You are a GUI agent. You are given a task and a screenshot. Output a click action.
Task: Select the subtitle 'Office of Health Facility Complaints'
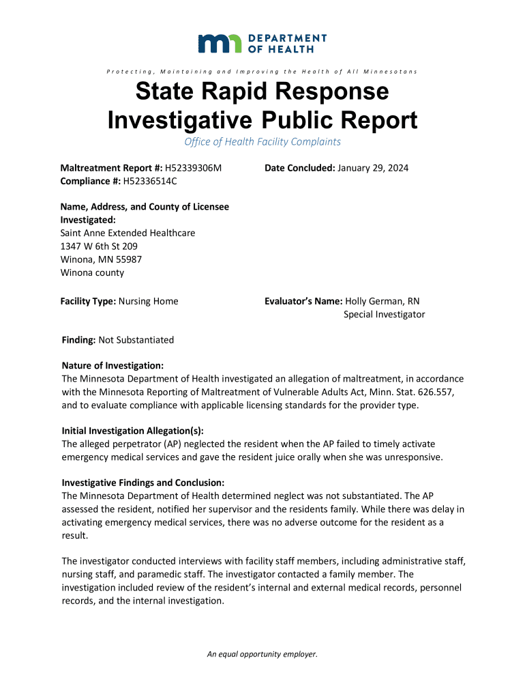(x=262, y=142)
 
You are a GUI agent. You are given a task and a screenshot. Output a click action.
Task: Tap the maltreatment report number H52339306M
(x=194, y=168)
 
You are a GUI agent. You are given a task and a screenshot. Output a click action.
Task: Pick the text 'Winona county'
(x=93, y=272)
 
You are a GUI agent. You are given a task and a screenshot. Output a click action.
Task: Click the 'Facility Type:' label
(x=89, y=301)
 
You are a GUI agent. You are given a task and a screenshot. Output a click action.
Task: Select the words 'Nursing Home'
(x=149, y=301)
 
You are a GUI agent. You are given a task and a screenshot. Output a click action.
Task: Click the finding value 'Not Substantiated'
(x=136, y=340)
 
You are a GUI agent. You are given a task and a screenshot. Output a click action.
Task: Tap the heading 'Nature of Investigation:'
(x=112, y=366)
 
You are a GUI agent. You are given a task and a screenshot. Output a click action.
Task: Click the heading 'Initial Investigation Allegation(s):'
(x=133, y=431)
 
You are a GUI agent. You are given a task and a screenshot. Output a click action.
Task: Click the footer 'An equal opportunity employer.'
(x=262, y=655)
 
